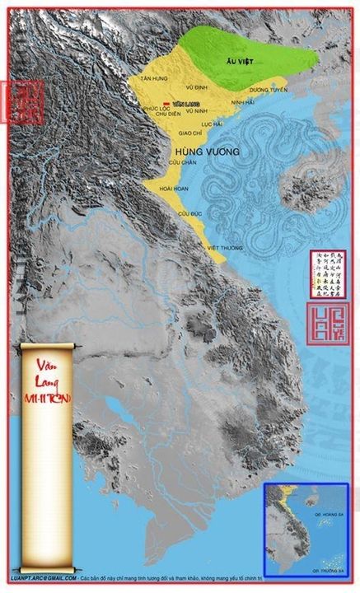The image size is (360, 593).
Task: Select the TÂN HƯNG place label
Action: [153, 78]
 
